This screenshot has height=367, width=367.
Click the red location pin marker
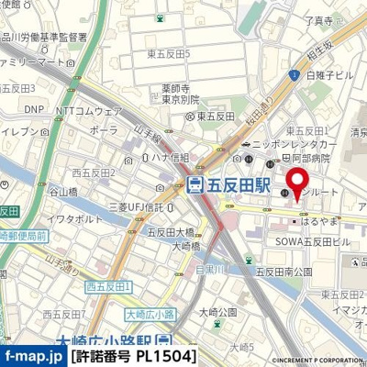coord(297,182)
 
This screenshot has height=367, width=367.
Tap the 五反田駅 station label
coord(236,184)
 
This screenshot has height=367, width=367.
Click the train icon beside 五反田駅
coord(195,184)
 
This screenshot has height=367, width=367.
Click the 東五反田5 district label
coord(167,53)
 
